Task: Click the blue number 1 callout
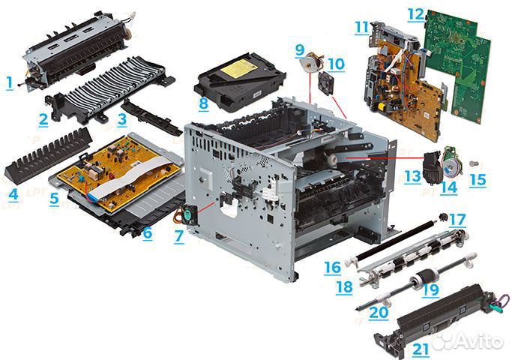[x=10, y=83]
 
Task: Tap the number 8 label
[x=203, y=104]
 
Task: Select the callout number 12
[x=416, y=14]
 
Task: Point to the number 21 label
[x=421, y=349]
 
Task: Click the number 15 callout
[x=478, y=180]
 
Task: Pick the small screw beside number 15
[x=473, y=163]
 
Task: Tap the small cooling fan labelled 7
[x=190, y=215]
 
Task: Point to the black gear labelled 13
[x=433, y=169]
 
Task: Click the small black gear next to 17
[x=443, y=217]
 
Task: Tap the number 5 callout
[x=54, y=199]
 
